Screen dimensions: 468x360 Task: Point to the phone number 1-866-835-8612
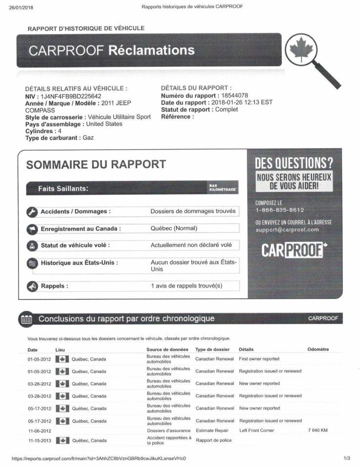pyautogui.click(x=280, y=210)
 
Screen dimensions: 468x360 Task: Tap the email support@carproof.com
pyautogui.click(x=287, y=230)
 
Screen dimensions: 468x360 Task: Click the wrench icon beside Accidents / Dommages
pyautogui.click(x=32, y=212)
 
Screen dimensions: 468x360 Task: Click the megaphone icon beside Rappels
pyautogui.click(x=32, y=286)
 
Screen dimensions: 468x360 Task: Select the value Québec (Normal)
pyautogui.click(x=174, y=228)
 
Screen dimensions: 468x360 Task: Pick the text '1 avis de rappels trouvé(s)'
pyautogui.click(x=186, y=286)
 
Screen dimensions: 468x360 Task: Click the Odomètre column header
pyautogui.click(x=318, y=349)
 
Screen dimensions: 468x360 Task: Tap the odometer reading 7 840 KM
pyautogui.click(x=318, y=430)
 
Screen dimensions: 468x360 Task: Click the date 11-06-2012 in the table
pyautogui.click(x=40, y=431)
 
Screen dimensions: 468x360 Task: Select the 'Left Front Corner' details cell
pyautogui.click(x=257, y=430)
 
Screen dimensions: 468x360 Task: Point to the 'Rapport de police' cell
pyautogui.click(x=213, y=441)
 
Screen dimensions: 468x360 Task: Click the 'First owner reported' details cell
pyautogui.click(x=259, y=359)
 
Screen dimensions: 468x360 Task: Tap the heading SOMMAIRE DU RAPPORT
pyautogui.click(x=96, y=165)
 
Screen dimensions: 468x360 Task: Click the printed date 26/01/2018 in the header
pyautogui.click(x=21, y=7)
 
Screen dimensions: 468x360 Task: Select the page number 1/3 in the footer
pyautogui.click(x=346, y=458)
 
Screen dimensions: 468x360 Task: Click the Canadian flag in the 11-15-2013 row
pyautogui.click(x=61, y=441)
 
